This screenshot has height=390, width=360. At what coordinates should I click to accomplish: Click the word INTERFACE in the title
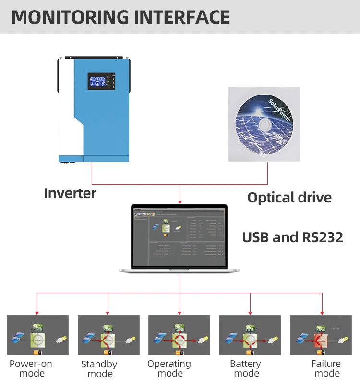182,17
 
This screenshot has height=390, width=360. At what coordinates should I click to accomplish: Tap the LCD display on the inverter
100,82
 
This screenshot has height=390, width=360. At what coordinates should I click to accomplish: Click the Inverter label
70,193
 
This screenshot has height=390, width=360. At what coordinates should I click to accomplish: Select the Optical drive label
289,197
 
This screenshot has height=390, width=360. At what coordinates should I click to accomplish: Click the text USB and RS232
292,237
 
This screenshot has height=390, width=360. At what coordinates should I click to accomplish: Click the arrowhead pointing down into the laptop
180,201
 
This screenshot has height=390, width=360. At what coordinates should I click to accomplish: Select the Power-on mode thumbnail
37,335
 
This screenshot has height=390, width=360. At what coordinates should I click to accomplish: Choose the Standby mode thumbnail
108,335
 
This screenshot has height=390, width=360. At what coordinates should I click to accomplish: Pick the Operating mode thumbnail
179,335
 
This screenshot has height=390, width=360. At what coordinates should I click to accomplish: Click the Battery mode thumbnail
250,335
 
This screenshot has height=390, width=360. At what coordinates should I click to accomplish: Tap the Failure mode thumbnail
321,335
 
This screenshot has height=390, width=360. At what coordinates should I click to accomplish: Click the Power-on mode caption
31,368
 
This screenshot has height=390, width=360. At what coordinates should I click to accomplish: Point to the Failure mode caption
326,368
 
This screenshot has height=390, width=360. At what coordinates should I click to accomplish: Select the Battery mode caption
245,368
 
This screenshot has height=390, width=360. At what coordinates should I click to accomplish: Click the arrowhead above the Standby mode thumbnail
108,311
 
